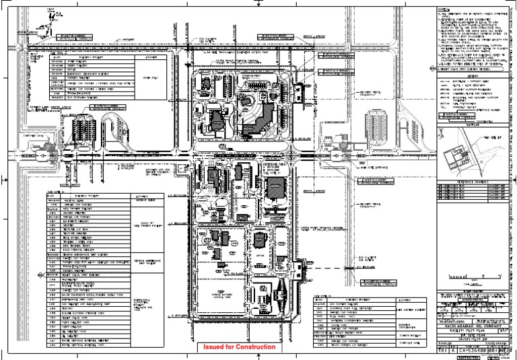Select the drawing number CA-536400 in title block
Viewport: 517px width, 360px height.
coord(472,351)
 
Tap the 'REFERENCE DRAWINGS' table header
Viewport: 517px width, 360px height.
coord(469,182)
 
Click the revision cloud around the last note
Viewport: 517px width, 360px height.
coord(469,69)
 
